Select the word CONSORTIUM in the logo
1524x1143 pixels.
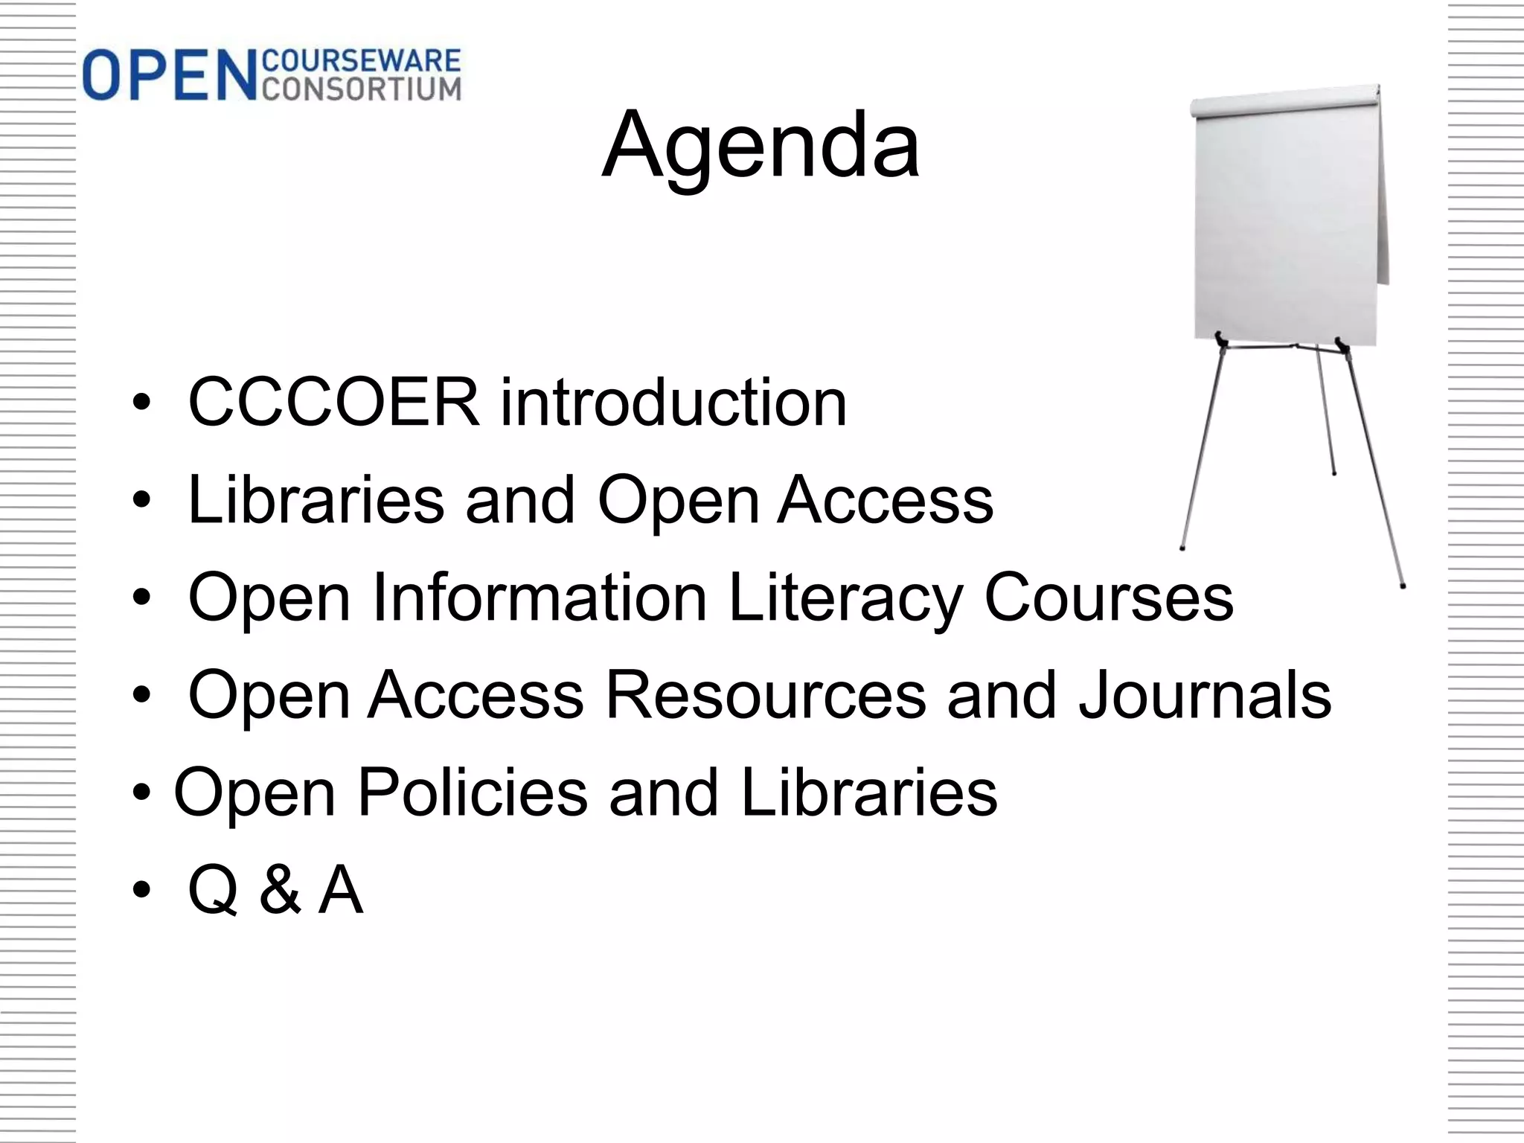362,89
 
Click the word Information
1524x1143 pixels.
540,598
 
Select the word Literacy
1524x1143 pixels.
845,598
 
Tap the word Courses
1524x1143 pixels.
1109,598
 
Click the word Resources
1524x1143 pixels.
766,695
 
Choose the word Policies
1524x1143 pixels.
473,793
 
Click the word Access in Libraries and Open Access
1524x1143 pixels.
886,500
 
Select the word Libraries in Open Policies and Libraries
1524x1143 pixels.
868,793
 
